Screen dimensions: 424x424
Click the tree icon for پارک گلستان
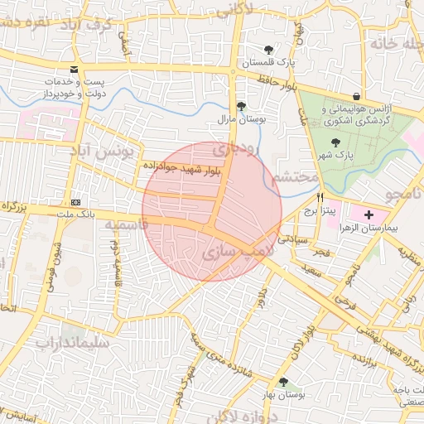click(268, 49)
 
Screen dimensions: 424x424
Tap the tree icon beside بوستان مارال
click(241, 106)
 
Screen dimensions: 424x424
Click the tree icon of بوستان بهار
click(284, 382)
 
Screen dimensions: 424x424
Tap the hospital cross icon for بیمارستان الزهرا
click(369, 214)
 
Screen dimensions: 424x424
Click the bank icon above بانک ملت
click(75, 202)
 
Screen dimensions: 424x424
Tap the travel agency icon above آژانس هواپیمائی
click(356, 96)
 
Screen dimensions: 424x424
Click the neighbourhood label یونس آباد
click(104, 153)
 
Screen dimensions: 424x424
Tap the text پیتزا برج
click(320, 211)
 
